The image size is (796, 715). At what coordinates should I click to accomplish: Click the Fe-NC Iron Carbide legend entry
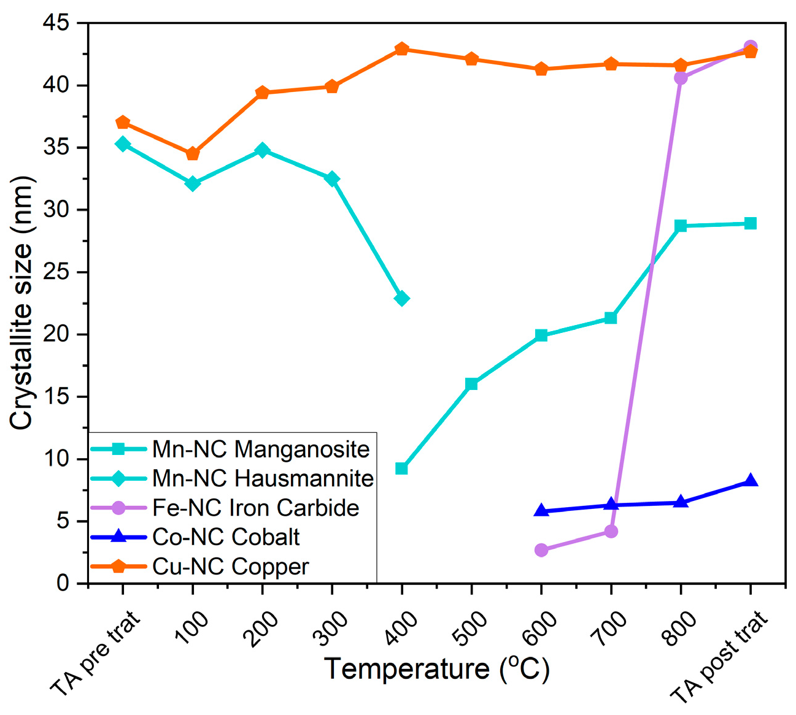coord(255,508)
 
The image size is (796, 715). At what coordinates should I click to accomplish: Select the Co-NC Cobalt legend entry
coord(226,537)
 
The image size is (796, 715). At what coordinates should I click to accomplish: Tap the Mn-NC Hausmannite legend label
coord(263,478)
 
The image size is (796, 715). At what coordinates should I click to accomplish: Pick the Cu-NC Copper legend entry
coord(230,567)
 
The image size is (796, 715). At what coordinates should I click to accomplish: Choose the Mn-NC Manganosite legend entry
coord(261,449)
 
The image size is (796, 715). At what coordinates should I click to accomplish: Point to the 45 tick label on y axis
coord(56,23)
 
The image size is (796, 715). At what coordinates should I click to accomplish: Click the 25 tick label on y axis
coord(56,272)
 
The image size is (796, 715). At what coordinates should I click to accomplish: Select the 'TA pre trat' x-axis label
coord(96,652)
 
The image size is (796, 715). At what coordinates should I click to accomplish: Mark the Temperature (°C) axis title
coord(436,669)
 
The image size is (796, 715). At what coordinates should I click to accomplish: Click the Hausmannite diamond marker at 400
coord(402,299)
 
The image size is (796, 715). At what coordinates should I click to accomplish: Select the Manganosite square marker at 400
coord(402,468)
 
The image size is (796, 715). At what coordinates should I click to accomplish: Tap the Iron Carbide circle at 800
coord(681,78)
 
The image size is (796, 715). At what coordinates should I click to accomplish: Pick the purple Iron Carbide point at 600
coord(541,550)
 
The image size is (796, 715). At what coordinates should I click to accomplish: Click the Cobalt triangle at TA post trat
coord(751,481)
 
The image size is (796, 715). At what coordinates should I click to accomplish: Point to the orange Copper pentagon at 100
coord(193,153)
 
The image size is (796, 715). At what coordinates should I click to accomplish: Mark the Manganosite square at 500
coord(471,384)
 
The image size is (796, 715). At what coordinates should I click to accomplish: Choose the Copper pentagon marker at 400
coord(402,49)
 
